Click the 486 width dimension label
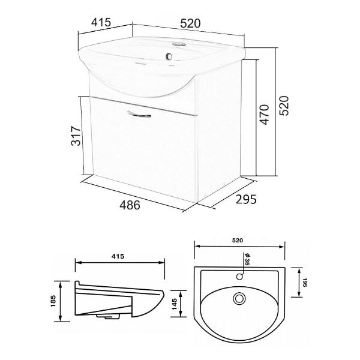click(x=130, y=205)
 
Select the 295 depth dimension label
click(x=246, y=199)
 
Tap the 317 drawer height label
click(x=76, y=136)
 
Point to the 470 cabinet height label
click(x=265, y=115)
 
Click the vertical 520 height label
click(x=284, y=106)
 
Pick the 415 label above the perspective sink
click(x=101, y=23)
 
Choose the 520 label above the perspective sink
click(x=190, y=23)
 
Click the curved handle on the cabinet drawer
click(x=139, y=114)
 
